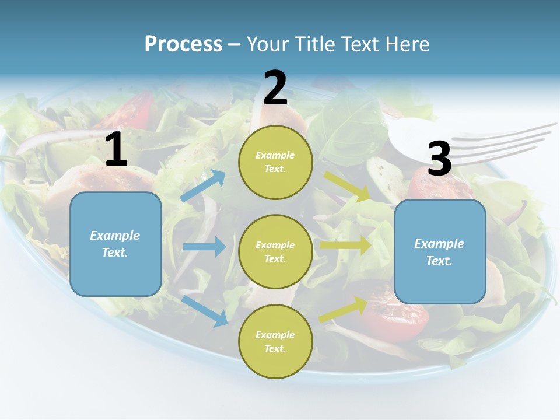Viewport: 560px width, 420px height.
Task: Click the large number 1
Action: click(116, 150)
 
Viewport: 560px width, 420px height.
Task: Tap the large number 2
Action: click(275, 89)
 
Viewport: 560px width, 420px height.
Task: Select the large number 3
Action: click(440, 160)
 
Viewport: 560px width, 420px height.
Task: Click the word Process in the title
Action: click(183, 44)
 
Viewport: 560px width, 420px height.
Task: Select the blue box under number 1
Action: click(116, 244)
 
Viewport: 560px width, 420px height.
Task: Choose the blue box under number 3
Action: click(440, 252)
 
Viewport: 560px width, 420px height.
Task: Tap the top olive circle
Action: click(275, 162)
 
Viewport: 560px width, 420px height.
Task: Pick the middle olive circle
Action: click(275, 252)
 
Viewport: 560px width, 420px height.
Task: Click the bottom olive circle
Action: click(275, 341)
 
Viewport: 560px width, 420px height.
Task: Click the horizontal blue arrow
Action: click(204, 247)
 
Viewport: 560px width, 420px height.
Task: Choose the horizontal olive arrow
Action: click(345, 245)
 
